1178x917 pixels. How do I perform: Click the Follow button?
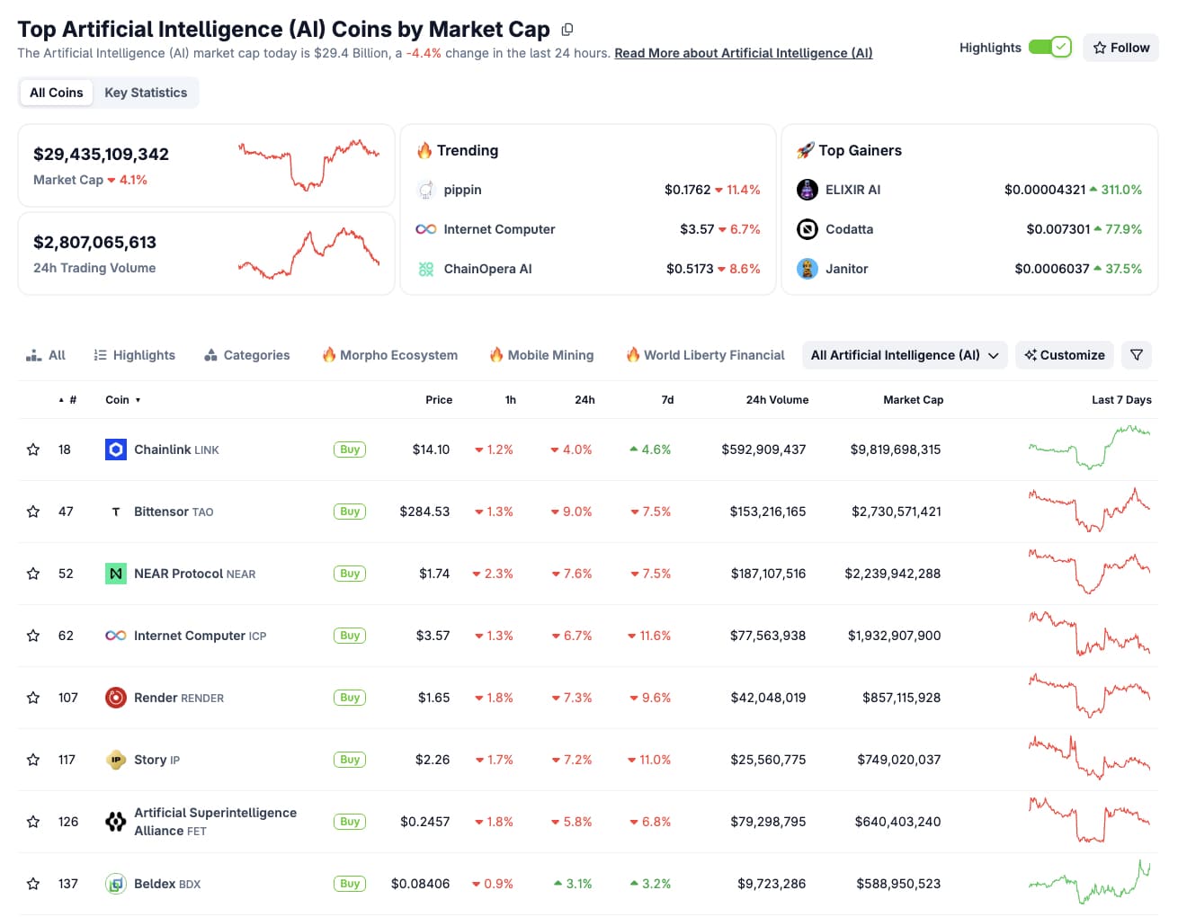(1120, 48)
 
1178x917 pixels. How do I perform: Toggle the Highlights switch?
(1049, 47)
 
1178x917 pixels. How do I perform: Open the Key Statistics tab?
(146, 93)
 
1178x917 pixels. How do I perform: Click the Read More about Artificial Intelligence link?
(743, 53)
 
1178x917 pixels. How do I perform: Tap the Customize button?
(1065, 355)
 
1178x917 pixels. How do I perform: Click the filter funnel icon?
(1137, 355)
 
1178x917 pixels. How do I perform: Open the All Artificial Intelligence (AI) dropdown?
(904, 355)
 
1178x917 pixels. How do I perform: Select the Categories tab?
(247, 355)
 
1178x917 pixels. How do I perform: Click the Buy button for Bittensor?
(350, 512)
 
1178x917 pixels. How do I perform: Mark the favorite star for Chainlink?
(33, 450)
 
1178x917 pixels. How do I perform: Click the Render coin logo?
(116, 698)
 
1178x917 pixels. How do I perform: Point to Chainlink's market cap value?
(896, 450)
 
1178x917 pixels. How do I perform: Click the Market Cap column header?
(913, 400)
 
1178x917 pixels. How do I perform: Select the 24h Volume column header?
(777, 400)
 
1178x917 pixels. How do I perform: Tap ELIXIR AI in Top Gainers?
(852, 190)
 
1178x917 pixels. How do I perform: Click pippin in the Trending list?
(462, 190)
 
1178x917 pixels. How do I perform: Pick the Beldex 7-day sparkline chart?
(1089, 884)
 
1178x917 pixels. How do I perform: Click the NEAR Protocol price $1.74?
(434, 574)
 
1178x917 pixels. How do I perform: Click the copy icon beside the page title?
(567, 30)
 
